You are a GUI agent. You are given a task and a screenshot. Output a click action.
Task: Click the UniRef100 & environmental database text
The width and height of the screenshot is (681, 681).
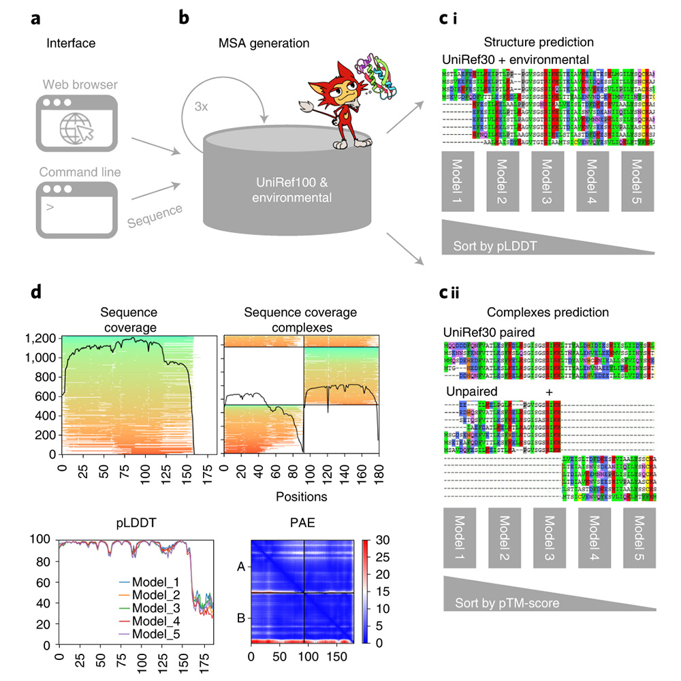[x=280, y=191]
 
